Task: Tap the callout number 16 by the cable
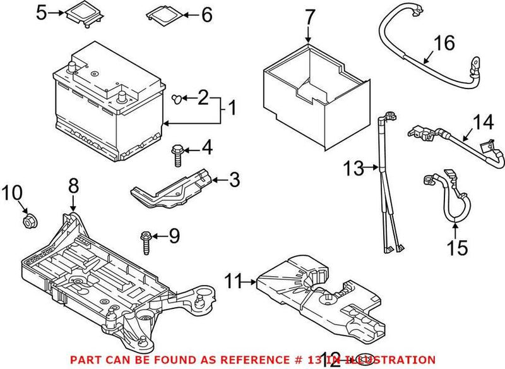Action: [x=444, y=44]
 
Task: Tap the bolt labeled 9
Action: [x=145, y=241]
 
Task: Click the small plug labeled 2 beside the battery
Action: [x=179, y=98]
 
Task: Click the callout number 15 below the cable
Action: [x=459, y=247]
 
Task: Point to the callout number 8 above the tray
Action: [x=73, y=186]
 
